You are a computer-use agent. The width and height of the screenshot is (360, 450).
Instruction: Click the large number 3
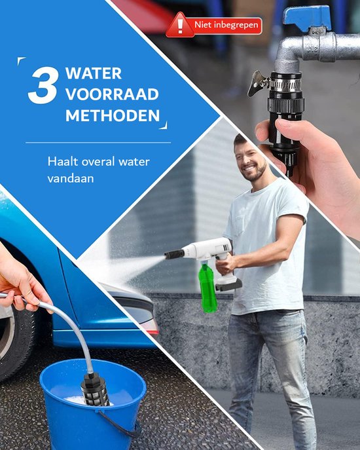coord(43,86)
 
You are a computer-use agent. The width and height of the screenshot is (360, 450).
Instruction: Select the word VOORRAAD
coord(112,94)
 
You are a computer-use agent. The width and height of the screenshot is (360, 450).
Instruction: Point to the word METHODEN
coord(112,115)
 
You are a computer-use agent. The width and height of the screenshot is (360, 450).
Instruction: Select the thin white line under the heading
coord(98,142)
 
